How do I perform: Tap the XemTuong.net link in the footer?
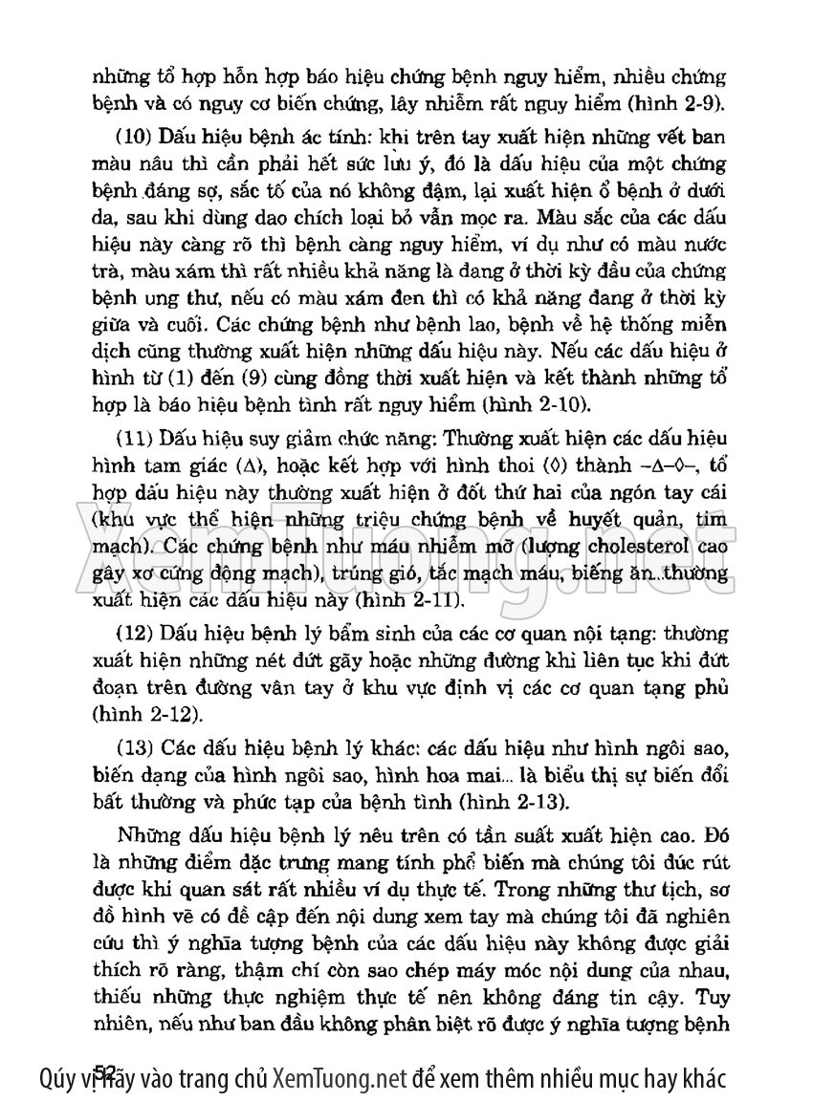pyautogui.click(x=341, y=1081)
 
